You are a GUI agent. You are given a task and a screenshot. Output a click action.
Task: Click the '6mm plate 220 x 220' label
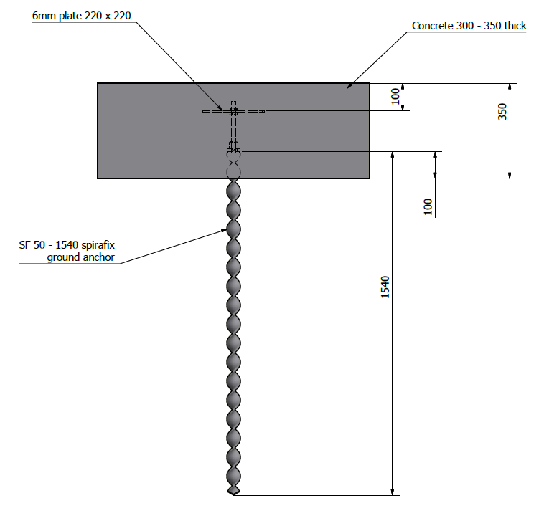click(82, 16)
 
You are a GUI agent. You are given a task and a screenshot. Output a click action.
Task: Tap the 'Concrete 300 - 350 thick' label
click(469, 26)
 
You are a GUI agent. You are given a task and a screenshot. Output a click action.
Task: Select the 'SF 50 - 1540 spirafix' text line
click(67, 244)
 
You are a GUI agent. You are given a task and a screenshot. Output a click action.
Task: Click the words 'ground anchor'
click(81, 257)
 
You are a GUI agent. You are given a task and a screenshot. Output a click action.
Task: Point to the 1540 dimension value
click(385, 287)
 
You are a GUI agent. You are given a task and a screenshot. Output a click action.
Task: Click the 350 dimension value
click(502, 112)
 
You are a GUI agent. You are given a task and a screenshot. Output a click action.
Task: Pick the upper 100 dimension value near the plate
click(395, 97)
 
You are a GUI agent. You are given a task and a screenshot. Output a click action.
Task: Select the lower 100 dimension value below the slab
click(428, 206)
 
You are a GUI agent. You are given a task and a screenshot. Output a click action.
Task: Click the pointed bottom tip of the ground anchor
click(233, 494)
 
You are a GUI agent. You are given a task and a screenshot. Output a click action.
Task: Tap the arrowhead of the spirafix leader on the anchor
click(225, 230)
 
